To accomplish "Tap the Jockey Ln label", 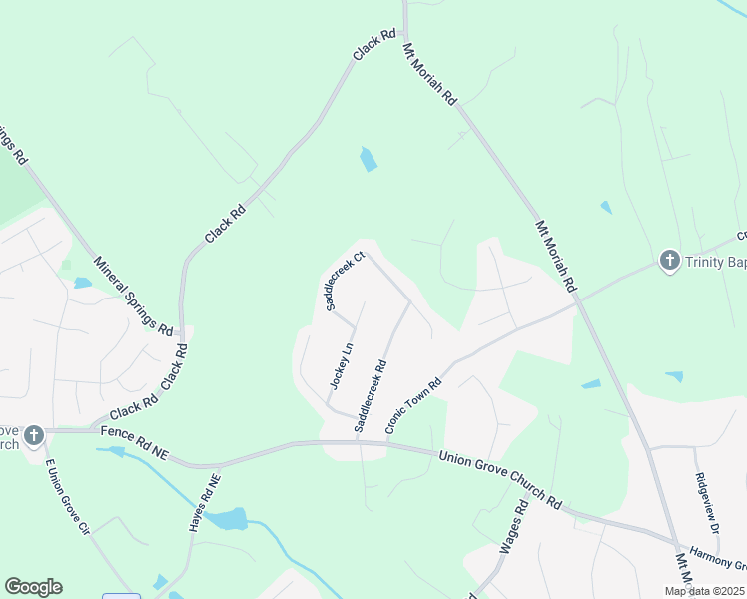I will [342, 366].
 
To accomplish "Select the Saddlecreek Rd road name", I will [370, 395].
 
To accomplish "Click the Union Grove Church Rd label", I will [500, 479].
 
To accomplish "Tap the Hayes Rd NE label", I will [204, 502].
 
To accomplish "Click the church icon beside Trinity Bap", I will [669, 262].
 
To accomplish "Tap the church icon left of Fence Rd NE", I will [33, 436].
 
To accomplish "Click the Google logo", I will [33, 587].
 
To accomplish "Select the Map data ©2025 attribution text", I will [703, 591].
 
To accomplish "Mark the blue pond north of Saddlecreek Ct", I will [369, 159].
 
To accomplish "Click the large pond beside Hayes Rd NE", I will [229, 519].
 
